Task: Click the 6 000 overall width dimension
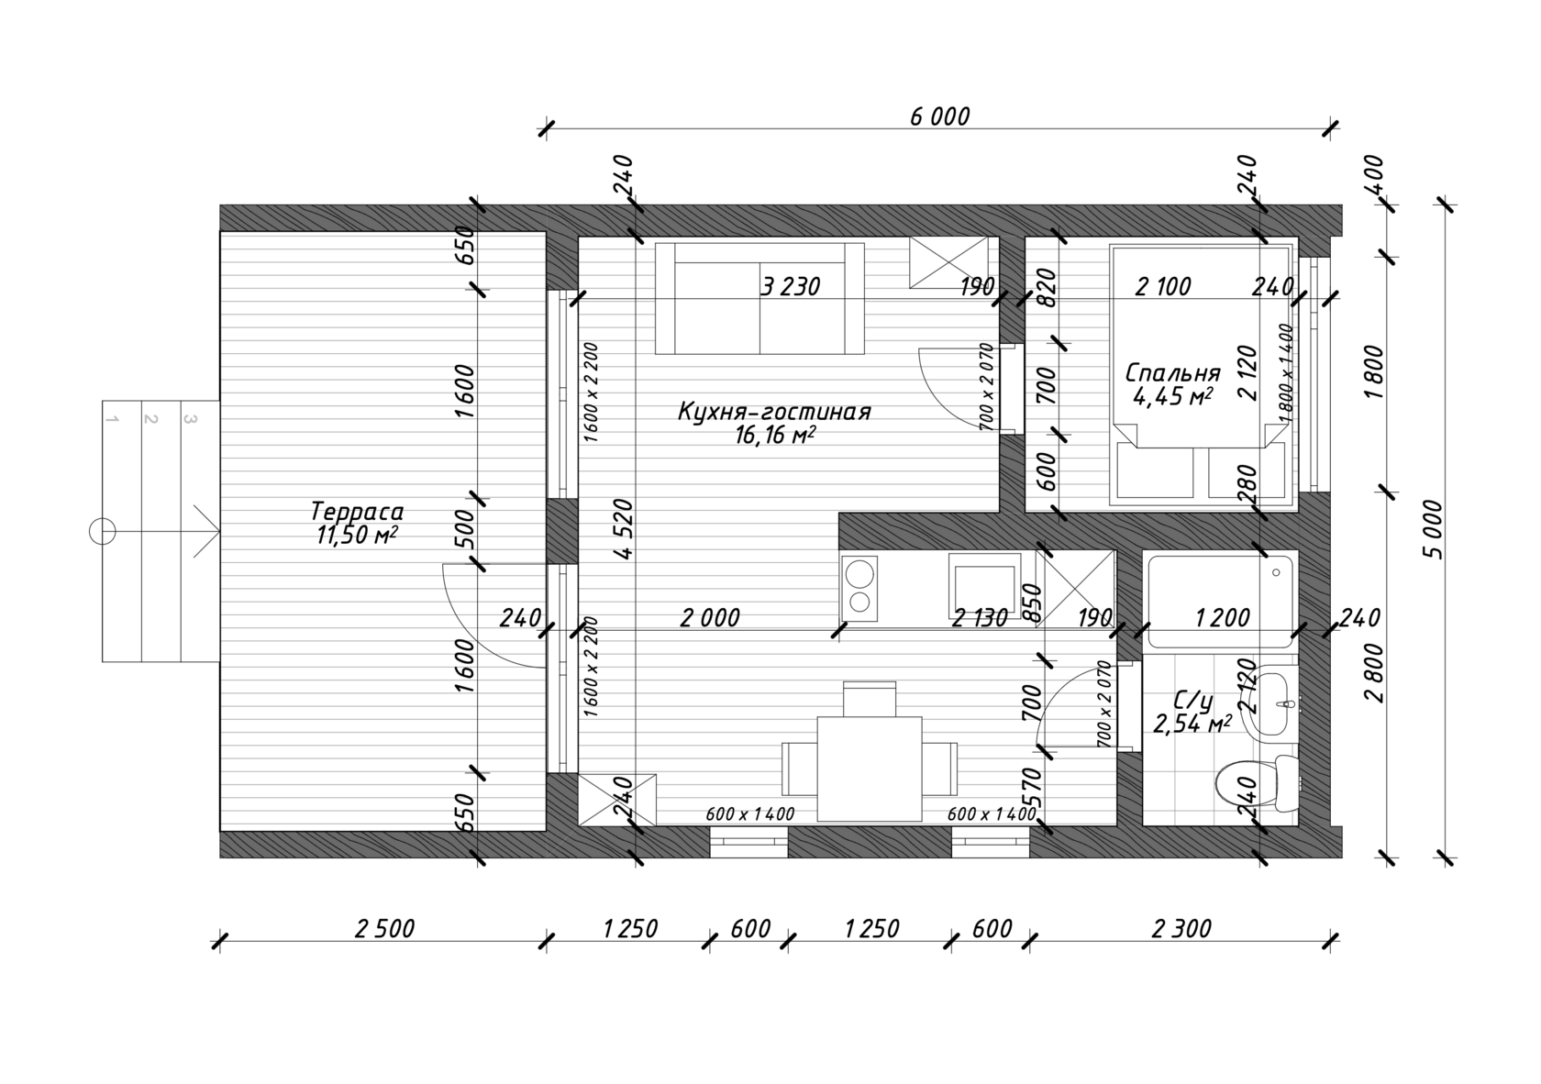(x=939, y=117)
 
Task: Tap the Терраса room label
(x=356, y=512)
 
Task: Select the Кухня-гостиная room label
(x=774, y=411)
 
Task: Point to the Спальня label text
(x=1172, y=372)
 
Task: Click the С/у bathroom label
(x=1192, y=701)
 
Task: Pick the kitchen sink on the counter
(x=984, y=587)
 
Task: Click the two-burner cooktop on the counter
(x=859, y=587)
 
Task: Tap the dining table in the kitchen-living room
(x=869, y=769)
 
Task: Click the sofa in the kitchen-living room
(x=759, y=298)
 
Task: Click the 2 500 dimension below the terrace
(x=384, y=929)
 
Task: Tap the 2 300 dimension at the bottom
(x=1181, y=929)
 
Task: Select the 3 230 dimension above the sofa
(x=790, y=286)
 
